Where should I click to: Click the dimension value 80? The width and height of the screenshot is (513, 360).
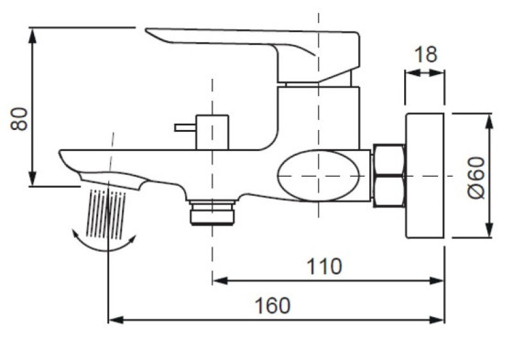(x=19, y=119)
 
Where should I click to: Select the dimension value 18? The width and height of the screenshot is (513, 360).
(x=426, y=55)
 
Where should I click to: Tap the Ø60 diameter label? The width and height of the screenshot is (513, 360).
(x=476, y=178)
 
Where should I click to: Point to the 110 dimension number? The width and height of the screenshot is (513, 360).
(x=324, y=267)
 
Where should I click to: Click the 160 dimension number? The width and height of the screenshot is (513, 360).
(x=272, y=306)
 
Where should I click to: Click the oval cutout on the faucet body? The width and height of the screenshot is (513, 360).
(x=319, y=176)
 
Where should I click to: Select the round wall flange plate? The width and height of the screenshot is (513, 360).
(x=425, y=176)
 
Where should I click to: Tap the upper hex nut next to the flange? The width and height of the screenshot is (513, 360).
(x=388, y=160)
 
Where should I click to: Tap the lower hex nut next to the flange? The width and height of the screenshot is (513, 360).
(x=388, y=191)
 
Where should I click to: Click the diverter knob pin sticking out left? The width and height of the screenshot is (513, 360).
(x=185, y=127)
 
